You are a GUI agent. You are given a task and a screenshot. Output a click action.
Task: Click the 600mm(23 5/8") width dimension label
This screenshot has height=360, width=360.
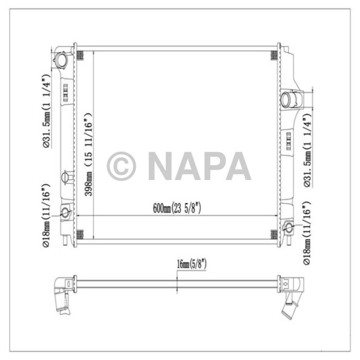pos(176,208)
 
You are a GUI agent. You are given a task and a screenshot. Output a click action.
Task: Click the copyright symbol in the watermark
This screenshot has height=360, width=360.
pos(121,166)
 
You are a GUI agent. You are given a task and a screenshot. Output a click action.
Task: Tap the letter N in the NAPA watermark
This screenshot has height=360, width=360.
pos(162,166)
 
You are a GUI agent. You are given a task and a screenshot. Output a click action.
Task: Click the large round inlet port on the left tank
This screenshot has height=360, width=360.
pos(62,60)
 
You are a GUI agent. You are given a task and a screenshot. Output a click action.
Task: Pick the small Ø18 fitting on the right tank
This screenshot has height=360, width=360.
pos(289,227)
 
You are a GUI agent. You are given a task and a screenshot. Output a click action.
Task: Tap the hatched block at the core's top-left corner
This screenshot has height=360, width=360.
pos(80,54)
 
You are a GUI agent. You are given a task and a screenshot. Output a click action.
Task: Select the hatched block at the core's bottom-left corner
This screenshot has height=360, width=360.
pos(80,235)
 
